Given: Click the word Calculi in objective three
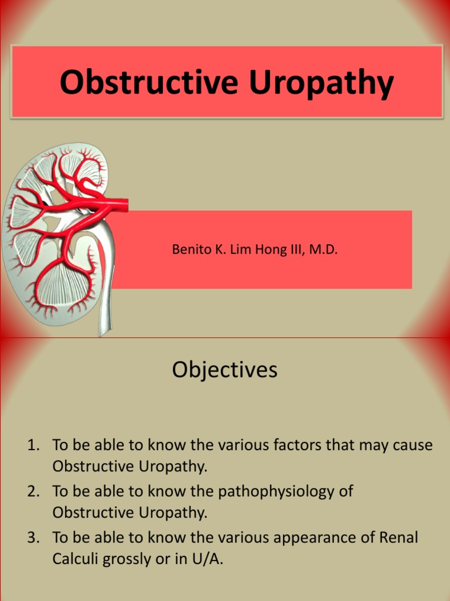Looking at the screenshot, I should click(76, 559).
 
